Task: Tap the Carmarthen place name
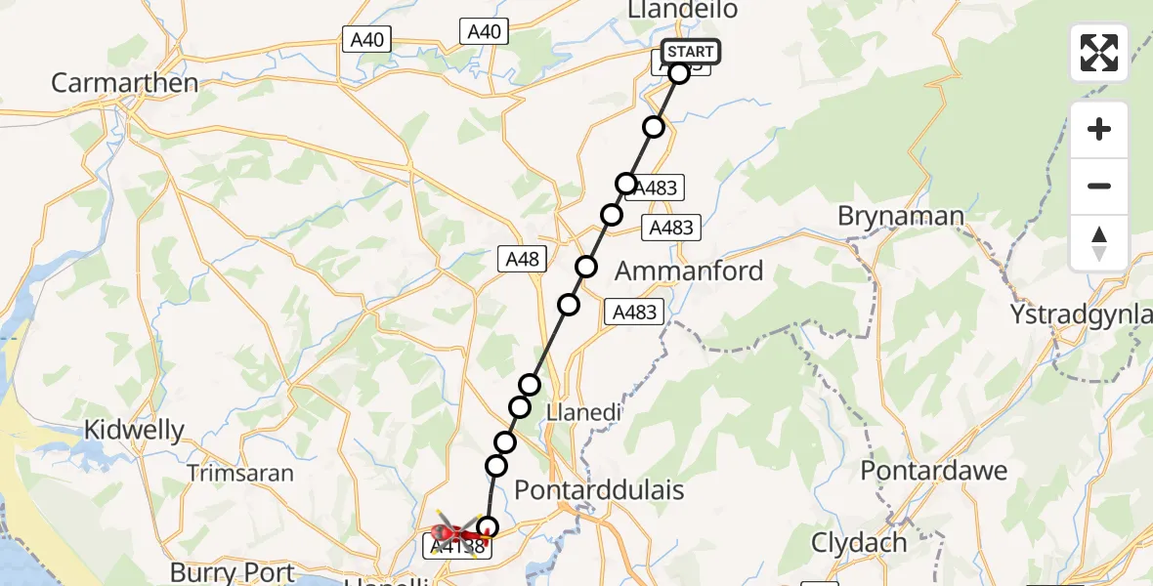point(124,82)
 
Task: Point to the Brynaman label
point(901,216)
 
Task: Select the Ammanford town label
point(690,271)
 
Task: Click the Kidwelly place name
point(134,430)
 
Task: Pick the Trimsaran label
point(240,473)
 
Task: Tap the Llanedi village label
point(584,412)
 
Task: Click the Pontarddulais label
point(599,489)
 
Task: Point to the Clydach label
point(859,542)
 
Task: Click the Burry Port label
point(232,571)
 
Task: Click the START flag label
point(691,52)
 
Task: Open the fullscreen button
point(1099,53)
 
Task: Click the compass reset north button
point(1099,243)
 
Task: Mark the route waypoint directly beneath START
point(678,72)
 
